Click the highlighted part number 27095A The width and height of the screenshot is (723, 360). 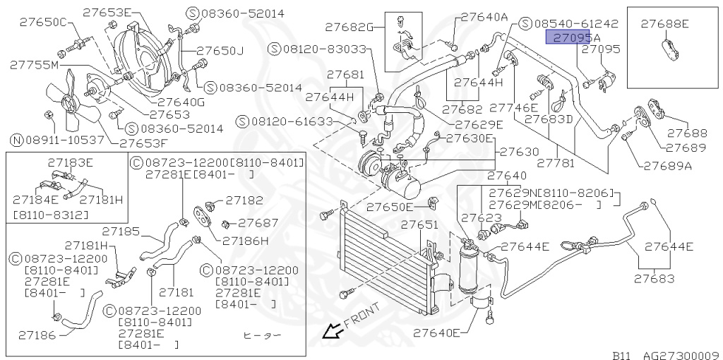tap(572, 37)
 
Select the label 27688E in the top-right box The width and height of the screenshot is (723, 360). tap(664, 23)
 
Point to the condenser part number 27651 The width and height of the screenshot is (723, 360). tap(420, 225)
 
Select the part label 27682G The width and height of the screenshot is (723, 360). tap(349, 28)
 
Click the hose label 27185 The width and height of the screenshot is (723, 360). tap(120, 230)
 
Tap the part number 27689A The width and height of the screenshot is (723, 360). tap(667, 166)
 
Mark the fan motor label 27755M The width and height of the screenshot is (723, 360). tap(34, 64)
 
